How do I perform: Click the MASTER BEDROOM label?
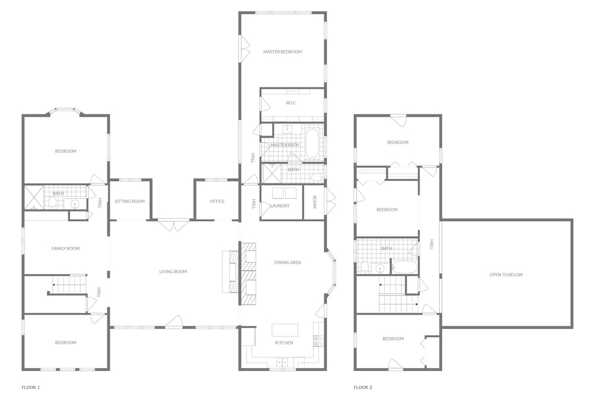(282, 52)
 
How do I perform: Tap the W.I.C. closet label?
(292, 103)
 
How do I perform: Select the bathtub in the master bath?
(312, 144)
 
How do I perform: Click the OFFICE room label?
(217, 201)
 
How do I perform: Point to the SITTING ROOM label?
(130, 201)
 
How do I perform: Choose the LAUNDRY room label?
(280, 206)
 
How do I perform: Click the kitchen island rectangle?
(284, 330)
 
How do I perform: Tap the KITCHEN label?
(284, 342)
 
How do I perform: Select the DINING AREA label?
(287, 263)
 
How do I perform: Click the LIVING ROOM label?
(173, 272)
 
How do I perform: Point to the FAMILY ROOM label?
(65, 248)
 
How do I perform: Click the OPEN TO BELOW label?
(506, 275)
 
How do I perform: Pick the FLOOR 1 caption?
(31, 388)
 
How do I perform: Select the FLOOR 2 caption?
(363, 388)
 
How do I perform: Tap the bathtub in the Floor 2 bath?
(405, 267)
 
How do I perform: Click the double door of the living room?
(174, 225)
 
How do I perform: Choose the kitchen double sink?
(282, 362)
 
